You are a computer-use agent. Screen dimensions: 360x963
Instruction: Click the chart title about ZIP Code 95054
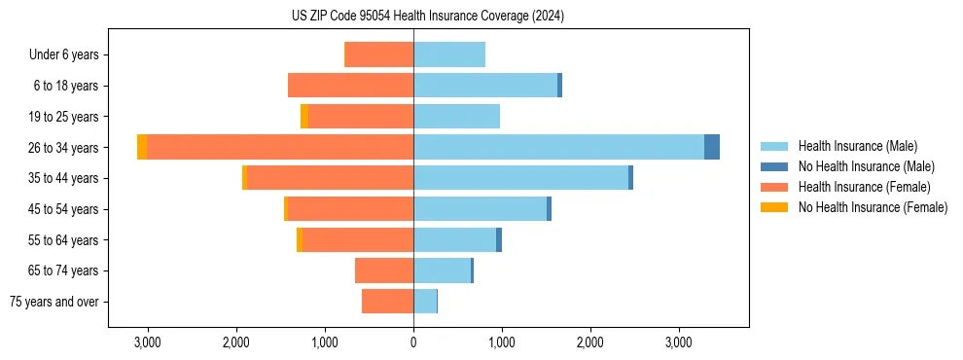point(427,17)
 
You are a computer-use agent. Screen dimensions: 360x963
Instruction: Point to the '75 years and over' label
point(54,302)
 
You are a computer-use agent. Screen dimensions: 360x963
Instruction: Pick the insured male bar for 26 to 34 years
point(558,147)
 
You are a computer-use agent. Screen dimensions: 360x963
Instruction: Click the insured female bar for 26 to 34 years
point(280,147)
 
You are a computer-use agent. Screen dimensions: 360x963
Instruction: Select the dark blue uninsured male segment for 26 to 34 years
point(712,147)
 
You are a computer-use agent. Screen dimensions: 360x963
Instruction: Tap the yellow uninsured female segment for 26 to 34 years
point(142,147)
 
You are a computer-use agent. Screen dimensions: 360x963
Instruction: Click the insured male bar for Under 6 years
point(449,54)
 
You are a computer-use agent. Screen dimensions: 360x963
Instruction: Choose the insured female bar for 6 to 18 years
point(350,86)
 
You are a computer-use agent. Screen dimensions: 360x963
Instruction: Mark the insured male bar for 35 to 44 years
point(520,178)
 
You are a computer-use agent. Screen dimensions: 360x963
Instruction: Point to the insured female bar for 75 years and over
point(387,302)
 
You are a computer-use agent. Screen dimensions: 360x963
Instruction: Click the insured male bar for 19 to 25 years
point(456,117)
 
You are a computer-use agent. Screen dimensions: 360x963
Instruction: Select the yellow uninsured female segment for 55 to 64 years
point(300,239)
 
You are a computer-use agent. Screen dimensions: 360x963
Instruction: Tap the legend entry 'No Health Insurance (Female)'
point(873,207)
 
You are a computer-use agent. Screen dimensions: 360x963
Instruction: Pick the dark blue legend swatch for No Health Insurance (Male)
point(774,166)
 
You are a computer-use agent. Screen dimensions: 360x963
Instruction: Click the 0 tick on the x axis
point(413,343)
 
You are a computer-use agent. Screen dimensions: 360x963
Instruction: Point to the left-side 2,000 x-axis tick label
point(235,343)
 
